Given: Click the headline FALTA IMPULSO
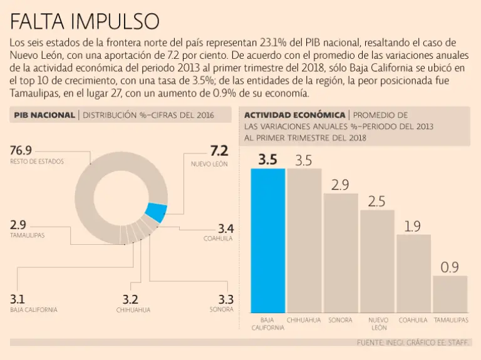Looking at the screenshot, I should [84, 21].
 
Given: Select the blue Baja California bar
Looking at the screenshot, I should [268, 240].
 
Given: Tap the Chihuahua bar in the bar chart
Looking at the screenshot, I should [304, 240].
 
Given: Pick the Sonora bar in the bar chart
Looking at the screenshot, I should [340, 253].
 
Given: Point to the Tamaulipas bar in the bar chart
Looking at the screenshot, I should [450, 294].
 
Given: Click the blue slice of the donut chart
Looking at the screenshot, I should [155, 213].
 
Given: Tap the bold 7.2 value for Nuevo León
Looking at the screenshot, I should [219, 151].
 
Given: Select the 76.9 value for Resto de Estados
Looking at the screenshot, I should [21, 151].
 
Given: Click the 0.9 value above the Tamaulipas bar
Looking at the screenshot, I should [450, 267].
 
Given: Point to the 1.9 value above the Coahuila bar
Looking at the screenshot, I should [413, 227].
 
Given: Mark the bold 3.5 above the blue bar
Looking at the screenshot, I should [267, 160].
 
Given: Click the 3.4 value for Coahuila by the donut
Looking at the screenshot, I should [225, 228].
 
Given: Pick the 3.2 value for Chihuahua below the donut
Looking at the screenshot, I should [130, 299].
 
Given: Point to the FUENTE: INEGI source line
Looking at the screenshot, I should [413, 342].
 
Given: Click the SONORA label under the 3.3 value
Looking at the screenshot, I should [222, 309].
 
